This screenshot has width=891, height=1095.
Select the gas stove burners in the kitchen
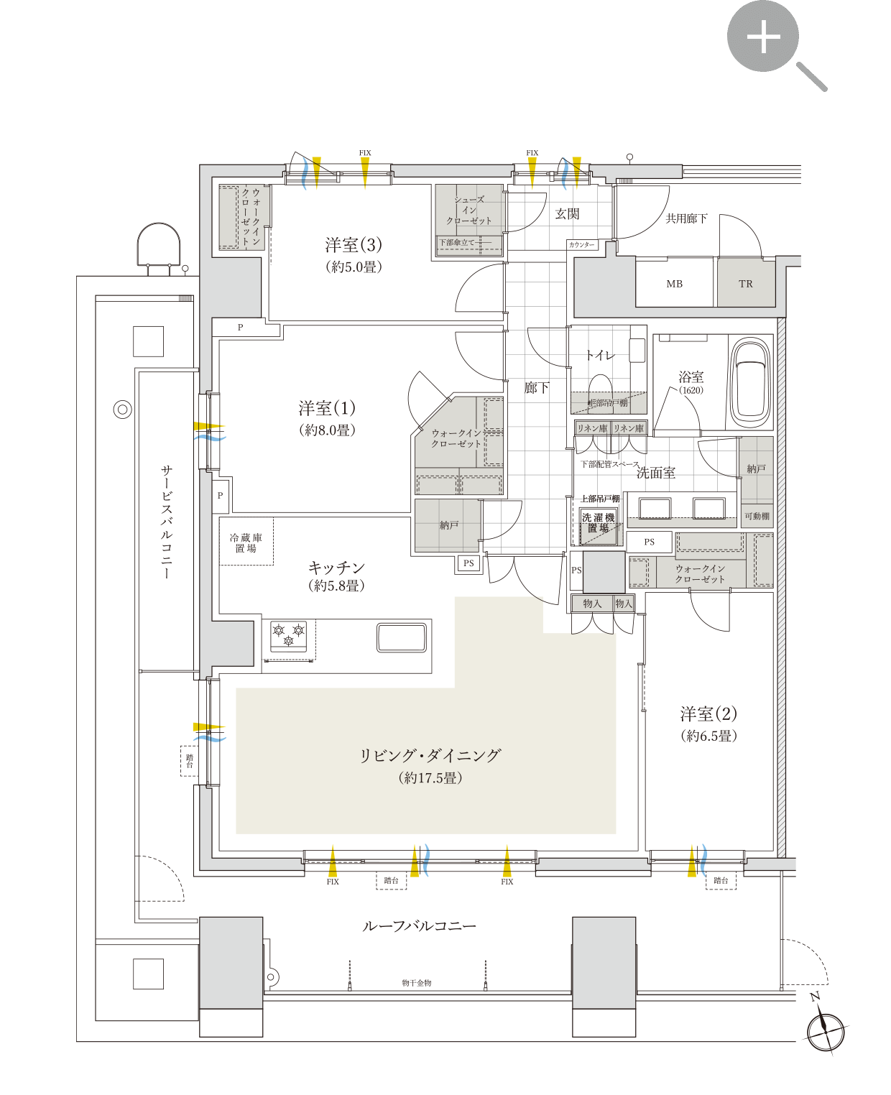[x=289, y=635]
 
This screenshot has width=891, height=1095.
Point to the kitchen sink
[x=402, y=637]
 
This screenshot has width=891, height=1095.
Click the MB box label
[x=674, y=284]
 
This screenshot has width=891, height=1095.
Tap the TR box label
[x=746, y=284]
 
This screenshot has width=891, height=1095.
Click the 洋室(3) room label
[x=354, y=245]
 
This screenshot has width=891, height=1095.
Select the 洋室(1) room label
[x=327, y=408]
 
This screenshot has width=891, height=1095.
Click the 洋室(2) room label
[x=708, y=713]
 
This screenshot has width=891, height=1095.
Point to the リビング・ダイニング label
[x=430, y=755]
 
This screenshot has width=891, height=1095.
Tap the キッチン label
[x=336, y=568]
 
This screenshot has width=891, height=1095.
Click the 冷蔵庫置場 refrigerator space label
[x=246, y=543]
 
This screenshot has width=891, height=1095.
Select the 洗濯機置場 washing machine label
[x=598, y=522]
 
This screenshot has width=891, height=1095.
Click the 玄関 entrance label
[x=567, y=213]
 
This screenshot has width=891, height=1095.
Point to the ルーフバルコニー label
[x=419, y=926]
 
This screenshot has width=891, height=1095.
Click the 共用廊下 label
[x=686, y=218]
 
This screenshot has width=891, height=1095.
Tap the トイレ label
[x=600, y=355]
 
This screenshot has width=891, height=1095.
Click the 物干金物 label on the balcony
[x=417, y=982]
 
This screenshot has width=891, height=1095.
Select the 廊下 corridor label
[x=537, y=388]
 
